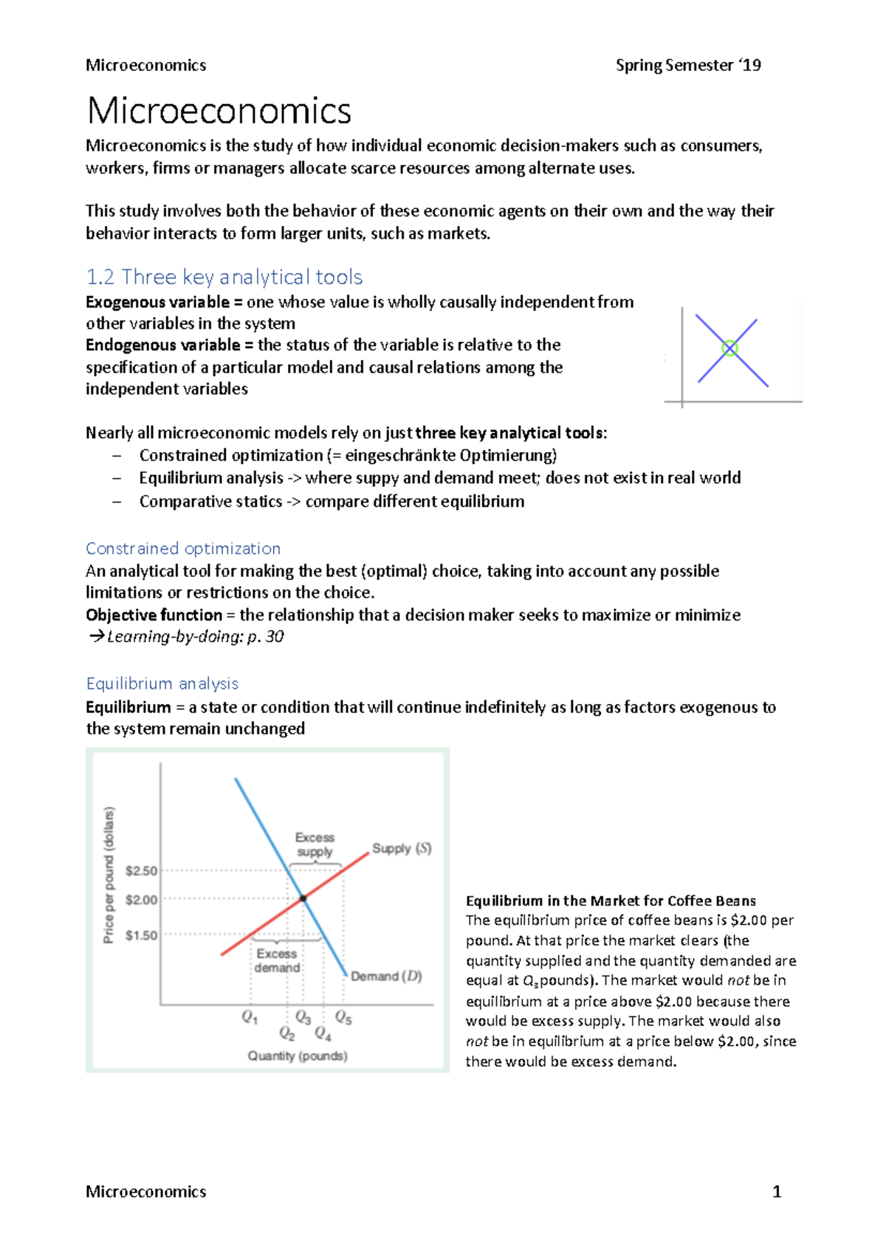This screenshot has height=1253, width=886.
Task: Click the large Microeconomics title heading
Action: [x=219, y=111]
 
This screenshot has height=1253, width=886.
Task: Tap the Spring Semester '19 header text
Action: [x=688, y=65]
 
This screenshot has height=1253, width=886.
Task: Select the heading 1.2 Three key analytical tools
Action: [x=224, y=277]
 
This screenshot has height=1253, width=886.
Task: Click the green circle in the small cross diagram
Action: [x=729, y=348]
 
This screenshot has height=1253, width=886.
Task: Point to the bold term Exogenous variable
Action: [x=157, y=302]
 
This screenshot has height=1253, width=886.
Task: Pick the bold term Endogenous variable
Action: [x=162, y=345]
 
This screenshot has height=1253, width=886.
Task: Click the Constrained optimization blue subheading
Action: [x=183, y=548]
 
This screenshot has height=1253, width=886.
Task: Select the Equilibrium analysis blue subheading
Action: [x=162, y=683]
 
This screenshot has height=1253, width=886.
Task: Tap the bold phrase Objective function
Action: [x=154, y=615]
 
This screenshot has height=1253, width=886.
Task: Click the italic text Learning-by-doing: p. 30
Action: [x=195, y=636]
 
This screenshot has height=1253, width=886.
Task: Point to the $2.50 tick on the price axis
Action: [x=141, y=870]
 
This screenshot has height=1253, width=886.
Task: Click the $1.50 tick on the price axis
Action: [x=141, y=935]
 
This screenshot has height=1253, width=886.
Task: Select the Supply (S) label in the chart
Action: [x=402, y=848]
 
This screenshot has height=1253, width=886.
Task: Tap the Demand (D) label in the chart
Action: [x=386, y=976]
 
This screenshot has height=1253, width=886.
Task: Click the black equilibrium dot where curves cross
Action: [x=303, y=898]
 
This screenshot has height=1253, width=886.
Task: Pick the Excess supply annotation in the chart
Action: [x=315, y=844]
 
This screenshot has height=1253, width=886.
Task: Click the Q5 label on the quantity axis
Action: [x=343, y=1017]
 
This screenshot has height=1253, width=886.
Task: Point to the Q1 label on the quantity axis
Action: [x=250, y=1017]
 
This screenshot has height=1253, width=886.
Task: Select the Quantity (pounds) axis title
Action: [x=298, y=1056]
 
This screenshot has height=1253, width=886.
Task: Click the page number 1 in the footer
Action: [x=776, y=1191]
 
